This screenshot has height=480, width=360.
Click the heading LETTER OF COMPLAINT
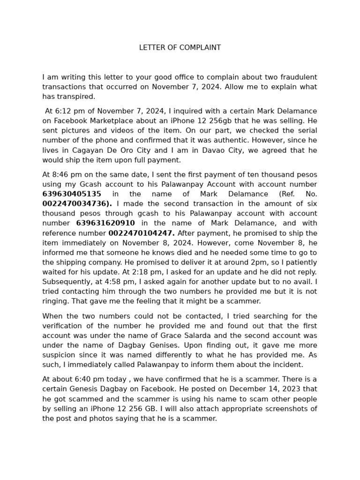180,48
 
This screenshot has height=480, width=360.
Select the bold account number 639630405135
72,194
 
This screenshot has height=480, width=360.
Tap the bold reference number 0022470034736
76,204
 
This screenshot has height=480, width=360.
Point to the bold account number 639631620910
105,224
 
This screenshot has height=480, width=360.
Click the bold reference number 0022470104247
141,233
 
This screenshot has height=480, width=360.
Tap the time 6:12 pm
68,111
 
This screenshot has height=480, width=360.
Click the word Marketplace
109,121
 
